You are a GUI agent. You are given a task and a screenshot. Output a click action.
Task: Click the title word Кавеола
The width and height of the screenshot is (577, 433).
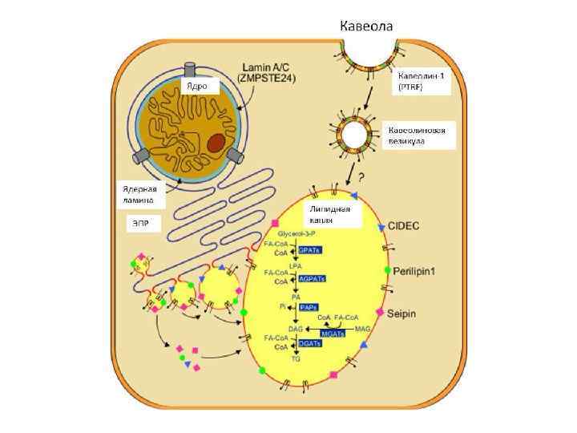pyautogui.click(x=366, y=26)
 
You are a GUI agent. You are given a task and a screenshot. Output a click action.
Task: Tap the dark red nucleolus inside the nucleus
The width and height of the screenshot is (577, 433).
pyautogui.click(x=216, y=144)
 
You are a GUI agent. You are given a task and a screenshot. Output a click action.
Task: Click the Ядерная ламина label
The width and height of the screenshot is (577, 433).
pyautogui.click(x=143, y=194)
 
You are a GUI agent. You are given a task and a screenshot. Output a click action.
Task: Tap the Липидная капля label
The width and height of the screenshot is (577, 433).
pyautogui.click(x=330, y=214)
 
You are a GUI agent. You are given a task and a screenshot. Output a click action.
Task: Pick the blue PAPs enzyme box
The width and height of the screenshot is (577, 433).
pyautogui.click(x=309, y=307)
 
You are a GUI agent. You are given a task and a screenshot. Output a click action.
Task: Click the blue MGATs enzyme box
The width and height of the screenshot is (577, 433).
pyautogui.click(x=332, y=332)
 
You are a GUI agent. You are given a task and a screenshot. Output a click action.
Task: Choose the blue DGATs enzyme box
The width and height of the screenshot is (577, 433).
pyautogui.click(x=309, y=343)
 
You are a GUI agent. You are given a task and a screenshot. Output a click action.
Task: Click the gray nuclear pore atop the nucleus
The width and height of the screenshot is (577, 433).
pyautogui.click(x=190, y=70)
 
